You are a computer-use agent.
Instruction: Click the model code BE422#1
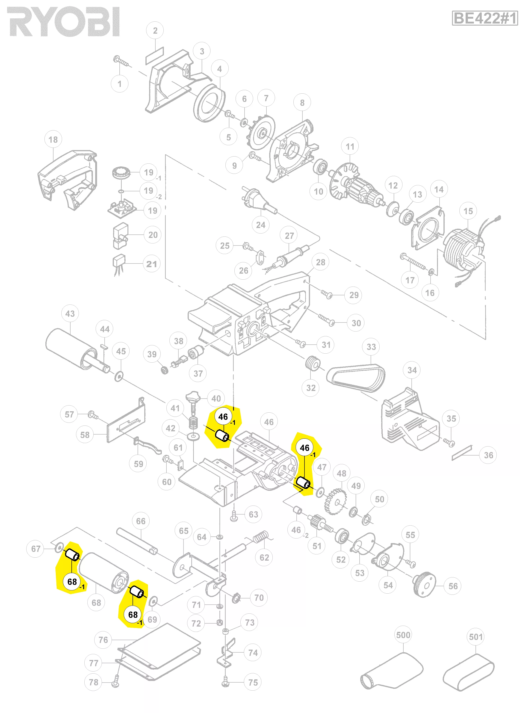(x=485, y=18)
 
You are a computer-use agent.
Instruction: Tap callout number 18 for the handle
(x=53, y=139)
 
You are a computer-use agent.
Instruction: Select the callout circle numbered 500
(x=403, y=635)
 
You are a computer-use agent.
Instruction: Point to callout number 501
(x=476, y=637)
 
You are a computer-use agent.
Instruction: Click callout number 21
(x=152, y=264)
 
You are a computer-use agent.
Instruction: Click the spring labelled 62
(x=261, y=537)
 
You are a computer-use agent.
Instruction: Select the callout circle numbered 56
(x=453, y=586)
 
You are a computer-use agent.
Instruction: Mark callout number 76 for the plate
(x=103, y=640)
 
